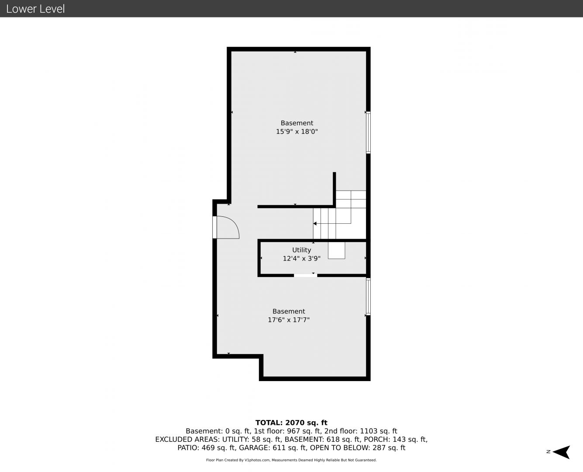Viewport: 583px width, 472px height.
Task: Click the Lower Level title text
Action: tap(35, 9)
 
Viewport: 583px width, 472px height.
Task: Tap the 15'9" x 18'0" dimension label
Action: tap(297, 132)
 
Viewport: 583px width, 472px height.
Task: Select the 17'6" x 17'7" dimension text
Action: tap(289, 319)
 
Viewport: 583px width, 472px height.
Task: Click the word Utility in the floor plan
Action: tap(301, 250)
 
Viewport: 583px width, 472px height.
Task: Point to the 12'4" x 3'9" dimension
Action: tap(301, 258)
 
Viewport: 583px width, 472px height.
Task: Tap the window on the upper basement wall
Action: tap(368, 132)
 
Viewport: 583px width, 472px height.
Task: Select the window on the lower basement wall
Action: tap(368, 296)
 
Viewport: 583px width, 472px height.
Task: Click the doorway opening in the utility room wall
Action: tap(305, 275)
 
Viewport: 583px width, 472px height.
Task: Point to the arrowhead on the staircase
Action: tap(315, 223)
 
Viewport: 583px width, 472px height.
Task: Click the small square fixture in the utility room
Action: tap(336, 250)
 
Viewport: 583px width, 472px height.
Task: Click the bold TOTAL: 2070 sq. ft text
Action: tap(291, 423)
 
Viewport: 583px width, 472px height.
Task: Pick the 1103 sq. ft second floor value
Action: tap(379, 431)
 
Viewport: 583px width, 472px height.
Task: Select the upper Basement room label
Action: tap(297, 123)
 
